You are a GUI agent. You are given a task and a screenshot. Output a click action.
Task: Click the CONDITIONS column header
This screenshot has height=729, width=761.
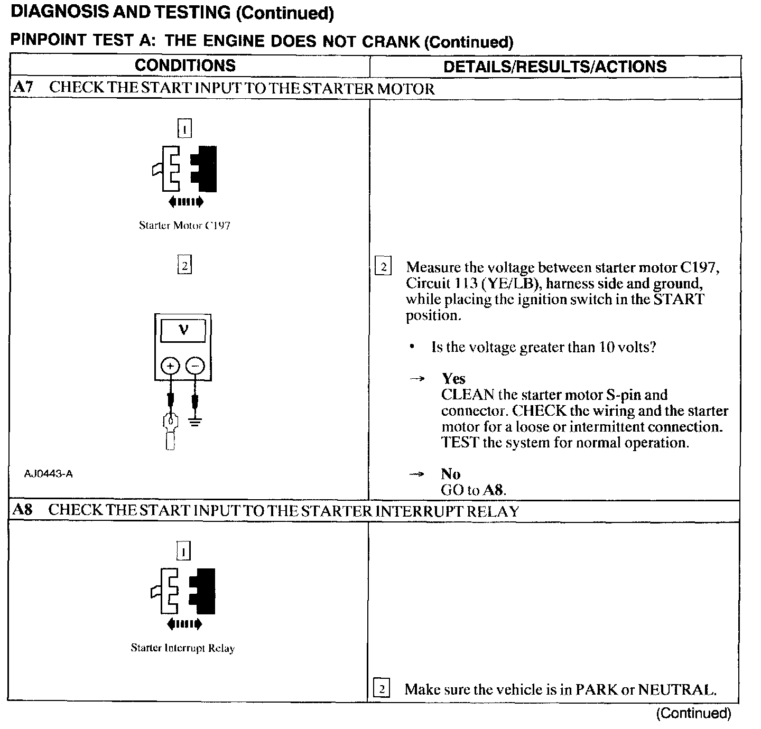(185, 66)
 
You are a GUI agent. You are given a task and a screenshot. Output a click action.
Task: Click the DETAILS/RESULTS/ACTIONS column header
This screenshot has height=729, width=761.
(555, 67)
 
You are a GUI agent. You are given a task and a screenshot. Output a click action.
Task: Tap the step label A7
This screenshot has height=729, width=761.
(23, 88)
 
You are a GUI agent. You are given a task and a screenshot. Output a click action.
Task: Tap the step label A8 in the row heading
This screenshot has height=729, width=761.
(23, 510)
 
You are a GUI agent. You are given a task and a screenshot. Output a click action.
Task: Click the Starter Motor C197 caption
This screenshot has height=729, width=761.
(184, 226)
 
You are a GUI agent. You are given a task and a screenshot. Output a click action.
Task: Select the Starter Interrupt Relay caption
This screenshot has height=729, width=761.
(182, 648)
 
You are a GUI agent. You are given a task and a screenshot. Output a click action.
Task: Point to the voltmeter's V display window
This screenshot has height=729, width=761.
(183, 331)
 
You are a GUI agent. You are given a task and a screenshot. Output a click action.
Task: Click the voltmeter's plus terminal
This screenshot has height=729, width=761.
(170, 366)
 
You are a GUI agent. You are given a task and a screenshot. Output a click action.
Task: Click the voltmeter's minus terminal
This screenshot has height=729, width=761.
(195, 366)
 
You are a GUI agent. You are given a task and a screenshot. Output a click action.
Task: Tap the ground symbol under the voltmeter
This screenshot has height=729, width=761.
(196, 421)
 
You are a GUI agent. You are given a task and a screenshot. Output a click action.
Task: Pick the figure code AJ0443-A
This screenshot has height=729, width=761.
(49, 474)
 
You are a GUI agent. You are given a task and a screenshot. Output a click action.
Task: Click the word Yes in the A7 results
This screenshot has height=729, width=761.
(454, 379)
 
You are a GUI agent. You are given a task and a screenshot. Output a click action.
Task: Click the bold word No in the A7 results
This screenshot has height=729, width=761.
(450, 474)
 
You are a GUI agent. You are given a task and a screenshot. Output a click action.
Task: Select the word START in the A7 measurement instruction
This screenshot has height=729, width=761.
(679, 300)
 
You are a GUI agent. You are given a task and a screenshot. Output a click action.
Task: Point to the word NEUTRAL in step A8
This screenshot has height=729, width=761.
(677, 689)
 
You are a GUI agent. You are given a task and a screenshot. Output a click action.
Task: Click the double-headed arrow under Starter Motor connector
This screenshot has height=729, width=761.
(185, 201)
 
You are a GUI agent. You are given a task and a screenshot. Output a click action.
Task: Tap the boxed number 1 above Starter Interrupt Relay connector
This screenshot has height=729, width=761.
(183, 552)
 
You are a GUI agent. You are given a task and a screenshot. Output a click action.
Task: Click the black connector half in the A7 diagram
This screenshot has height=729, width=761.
(205, 169)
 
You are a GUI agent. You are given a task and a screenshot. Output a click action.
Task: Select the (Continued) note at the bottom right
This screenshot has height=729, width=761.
(693, 714)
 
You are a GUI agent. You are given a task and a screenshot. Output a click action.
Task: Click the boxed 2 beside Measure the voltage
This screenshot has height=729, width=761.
(382, 267)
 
